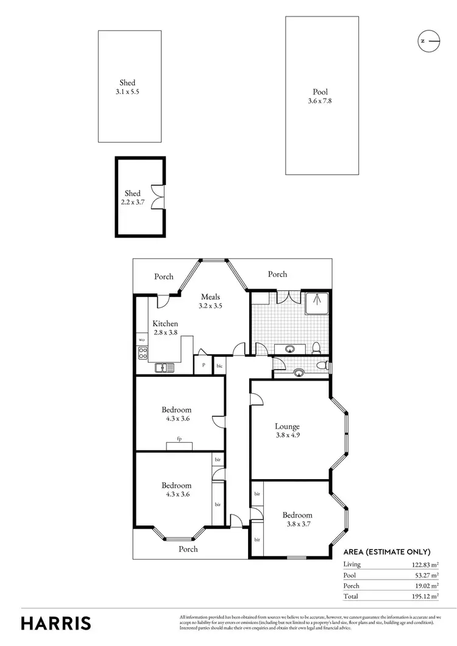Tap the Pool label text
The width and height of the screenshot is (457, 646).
(320, 92)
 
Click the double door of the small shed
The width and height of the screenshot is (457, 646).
(160, 197)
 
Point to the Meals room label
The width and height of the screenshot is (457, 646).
(210, 297)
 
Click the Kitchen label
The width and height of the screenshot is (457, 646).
(165, 323)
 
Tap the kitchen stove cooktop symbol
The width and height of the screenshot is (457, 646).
(142, 353)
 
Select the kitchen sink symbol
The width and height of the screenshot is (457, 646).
(164, 367)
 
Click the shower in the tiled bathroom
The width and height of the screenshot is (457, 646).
(316, 301)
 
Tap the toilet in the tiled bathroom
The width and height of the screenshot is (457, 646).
(316, 348)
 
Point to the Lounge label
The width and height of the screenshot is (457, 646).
(287, 426)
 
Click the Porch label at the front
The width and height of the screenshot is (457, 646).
(188, 549)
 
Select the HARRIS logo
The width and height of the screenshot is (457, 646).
(56, 623)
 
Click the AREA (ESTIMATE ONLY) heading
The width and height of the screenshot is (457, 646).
(387, 552)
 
